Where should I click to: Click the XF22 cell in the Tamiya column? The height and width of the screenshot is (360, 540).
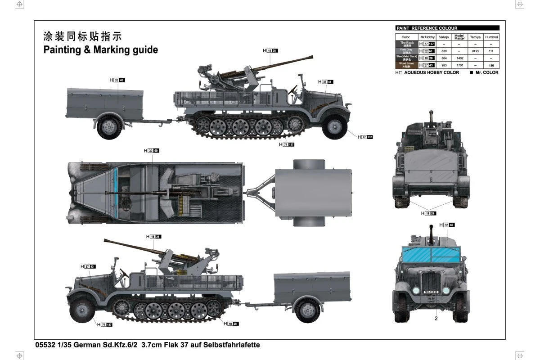476,51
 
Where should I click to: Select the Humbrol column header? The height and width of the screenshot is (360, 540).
491,37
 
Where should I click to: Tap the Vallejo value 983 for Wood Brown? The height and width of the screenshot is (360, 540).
444,65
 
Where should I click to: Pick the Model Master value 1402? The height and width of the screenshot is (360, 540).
459,58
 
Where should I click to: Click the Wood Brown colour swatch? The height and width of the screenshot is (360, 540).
406,65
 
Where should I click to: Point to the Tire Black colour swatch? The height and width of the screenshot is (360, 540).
406,44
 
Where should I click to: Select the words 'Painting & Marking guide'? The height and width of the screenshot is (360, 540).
100,49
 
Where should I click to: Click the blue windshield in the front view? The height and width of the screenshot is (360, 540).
431,255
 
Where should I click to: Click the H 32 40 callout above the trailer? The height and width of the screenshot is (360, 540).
117,80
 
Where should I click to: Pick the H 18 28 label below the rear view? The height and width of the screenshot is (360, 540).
428,213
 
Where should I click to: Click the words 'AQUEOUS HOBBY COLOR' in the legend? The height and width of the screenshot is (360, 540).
432,72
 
